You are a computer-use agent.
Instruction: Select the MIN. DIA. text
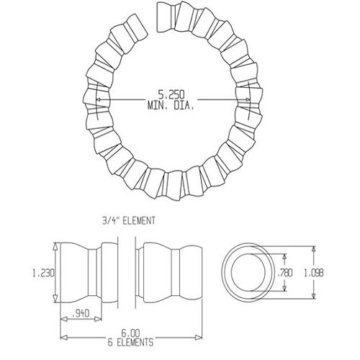(169, 105)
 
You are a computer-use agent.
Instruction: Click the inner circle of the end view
(253, 271)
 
